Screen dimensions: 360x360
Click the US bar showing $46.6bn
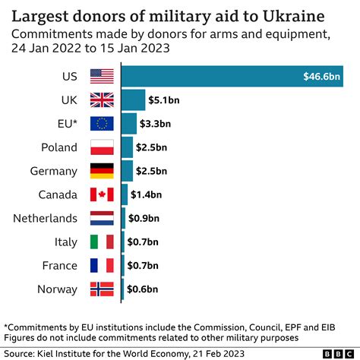coord(235,76)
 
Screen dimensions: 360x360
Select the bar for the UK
coord(133,99)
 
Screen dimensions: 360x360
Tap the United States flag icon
coord(101,76)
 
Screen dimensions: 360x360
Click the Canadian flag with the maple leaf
coord(101,194)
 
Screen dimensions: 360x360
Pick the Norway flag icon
coord(101,289)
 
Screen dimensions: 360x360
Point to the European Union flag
coord(101,123)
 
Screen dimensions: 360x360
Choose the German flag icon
coord(101,171)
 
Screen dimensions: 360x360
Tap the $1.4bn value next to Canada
coord(145,194)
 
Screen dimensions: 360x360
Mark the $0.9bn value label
coord(144,218)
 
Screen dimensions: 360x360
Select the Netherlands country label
coord(45,219)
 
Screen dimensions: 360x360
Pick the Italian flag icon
coord(101,242)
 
